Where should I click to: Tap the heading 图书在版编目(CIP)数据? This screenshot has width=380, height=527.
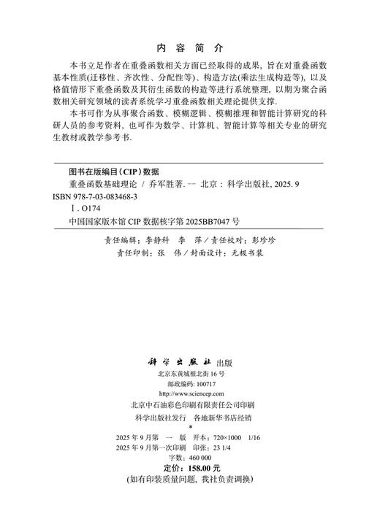click(x=108, y=172)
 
